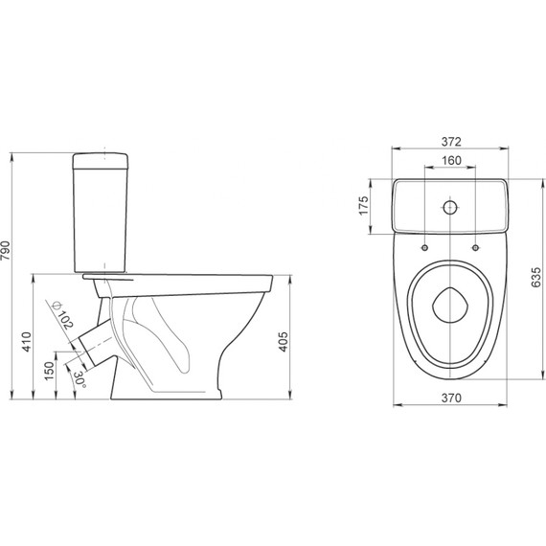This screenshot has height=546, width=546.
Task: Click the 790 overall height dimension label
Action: point(6,251)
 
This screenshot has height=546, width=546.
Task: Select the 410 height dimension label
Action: point(27,342)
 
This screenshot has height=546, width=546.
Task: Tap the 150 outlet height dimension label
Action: point(50,371)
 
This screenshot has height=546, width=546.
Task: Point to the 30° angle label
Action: point(80,379)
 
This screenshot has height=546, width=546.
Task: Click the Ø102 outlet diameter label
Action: point(62,315)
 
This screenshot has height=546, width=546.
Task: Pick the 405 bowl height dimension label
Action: point(284,342)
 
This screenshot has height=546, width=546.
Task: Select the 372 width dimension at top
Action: point(451,142)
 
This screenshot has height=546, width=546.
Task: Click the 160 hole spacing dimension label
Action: point(451,161)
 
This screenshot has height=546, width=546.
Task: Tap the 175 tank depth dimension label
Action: point(363,206)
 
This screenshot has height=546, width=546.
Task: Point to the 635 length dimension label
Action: point(536,278)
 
